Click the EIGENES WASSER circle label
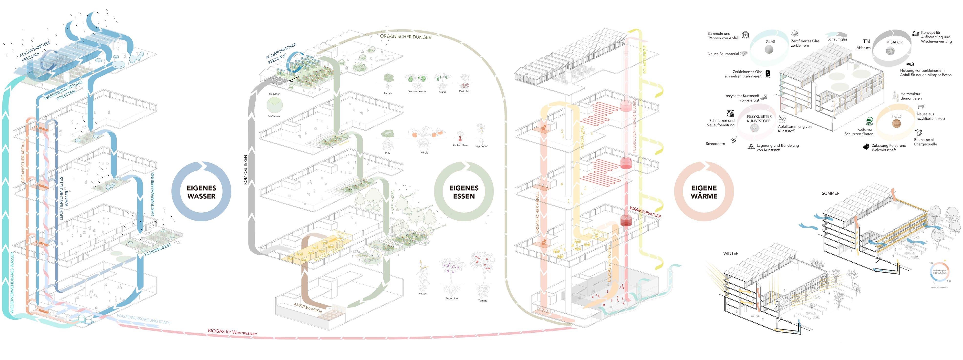click(x=201, y=192)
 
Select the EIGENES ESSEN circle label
click(x=464, y=192)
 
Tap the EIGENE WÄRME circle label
click(x=704, y=192)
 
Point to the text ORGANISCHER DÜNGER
click(x=406, y=37)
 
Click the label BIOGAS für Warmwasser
click(x=233, y=332)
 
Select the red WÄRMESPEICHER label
click(x=645, y=212)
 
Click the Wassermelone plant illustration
click(x=417, y=80)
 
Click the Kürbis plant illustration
click(x=424, y=136)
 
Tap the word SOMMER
click(x=830, y=193)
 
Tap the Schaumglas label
click(x=837, y=39)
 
